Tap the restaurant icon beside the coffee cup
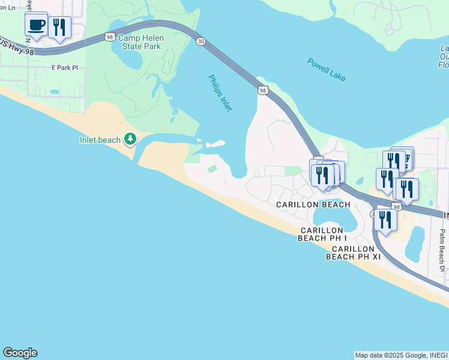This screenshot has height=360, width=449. [x=59, y=28]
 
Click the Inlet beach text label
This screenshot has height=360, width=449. [x=100, y=140]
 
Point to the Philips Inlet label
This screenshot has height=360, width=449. [x=220, y=92]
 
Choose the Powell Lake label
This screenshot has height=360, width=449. [x=327, y=70]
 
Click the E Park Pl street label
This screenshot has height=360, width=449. [x=65, y=68]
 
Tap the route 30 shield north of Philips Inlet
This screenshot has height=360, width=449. [x=200, y=41]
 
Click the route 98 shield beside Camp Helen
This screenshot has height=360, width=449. [x=109, y=37]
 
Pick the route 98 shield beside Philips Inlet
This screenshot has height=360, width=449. [x=263, y=90]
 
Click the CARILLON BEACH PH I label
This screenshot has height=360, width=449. [x=321, y=234]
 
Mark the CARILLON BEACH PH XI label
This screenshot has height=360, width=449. [x=354, y=253]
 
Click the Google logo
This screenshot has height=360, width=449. [x=20, y=353]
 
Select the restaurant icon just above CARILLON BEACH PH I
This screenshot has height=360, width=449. [x=385, y=220]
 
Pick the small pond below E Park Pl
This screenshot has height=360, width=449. [x=55, y=92]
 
